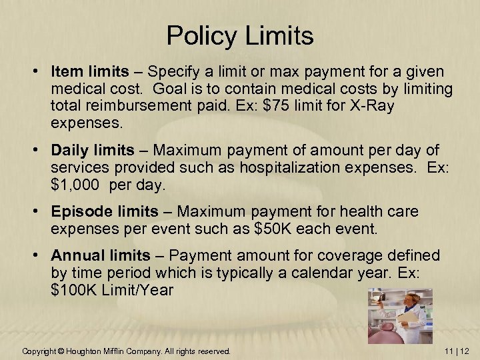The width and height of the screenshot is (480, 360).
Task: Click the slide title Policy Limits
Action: (x=240, y=35)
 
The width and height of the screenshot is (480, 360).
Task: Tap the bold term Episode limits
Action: (x=105, y=212)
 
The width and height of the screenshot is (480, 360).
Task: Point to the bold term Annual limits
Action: (x=101, y=256)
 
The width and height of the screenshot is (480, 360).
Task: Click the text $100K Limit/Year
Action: (x=111, y=291)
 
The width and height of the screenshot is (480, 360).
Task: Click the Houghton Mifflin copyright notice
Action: (x=126, y=351)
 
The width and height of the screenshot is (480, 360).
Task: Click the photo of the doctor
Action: (x=400, y=316)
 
